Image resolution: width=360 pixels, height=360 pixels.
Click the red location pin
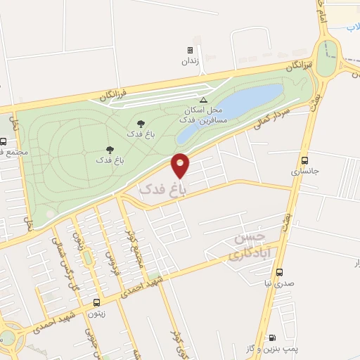point(181,165)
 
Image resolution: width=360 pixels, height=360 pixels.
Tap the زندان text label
point(191,61)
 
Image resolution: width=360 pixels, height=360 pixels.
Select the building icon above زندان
point(190,50)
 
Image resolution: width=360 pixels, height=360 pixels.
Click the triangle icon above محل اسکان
point(204,100)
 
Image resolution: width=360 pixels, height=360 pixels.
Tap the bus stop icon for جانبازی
point(304,160)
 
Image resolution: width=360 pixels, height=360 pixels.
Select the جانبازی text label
point(304,171)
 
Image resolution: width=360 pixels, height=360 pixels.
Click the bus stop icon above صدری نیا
point(280,272)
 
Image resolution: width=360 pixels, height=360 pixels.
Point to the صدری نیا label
point(280,283)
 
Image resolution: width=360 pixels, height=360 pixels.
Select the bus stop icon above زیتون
point(95,303)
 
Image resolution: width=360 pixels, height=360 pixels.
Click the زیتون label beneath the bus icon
point(96,314)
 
